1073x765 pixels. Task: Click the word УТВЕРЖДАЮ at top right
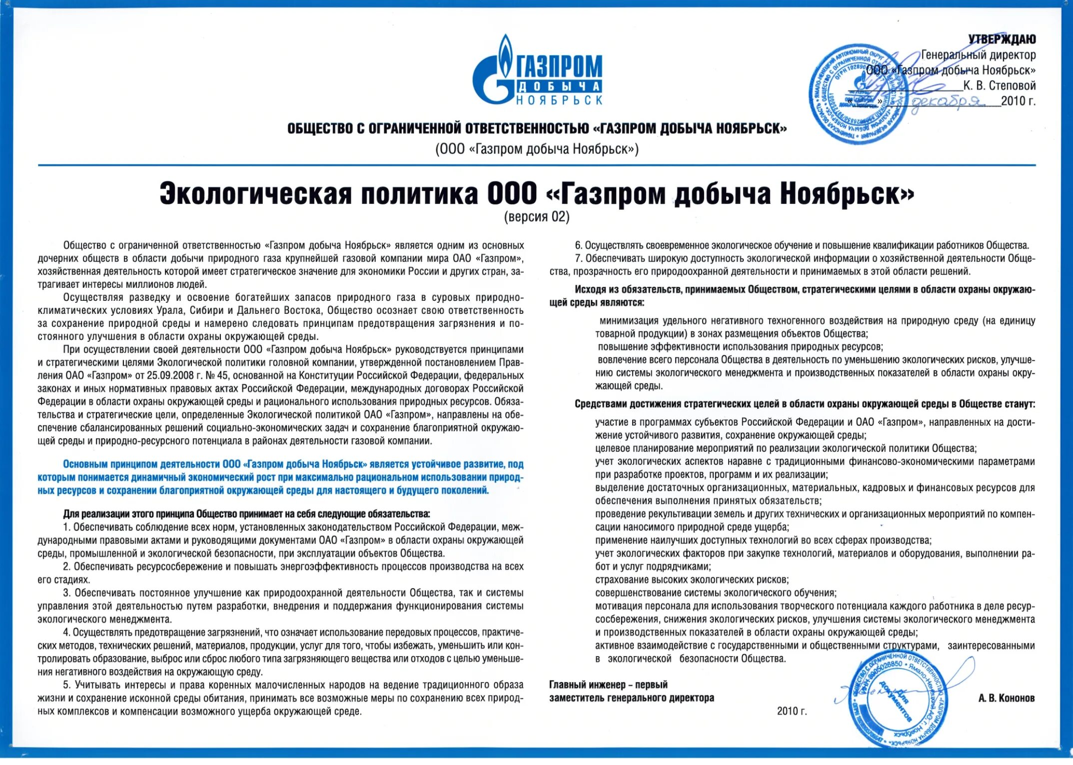click(1002, 39)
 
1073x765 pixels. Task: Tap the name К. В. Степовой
click(999, 86)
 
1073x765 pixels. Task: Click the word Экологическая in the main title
click(255, 194)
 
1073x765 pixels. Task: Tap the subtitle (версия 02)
click(536, 217)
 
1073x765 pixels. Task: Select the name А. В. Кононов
click(1006, 699)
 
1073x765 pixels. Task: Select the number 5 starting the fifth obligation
click(66, 685)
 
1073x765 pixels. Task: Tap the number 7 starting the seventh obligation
click(578, 259)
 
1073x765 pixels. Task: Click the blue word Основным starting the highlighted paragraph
click(84, 465)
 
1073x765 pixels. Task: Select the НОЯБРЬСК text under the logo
click(559, 100)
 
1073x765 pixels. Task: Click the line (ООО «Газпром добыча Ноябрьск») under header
click(537, 149)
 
